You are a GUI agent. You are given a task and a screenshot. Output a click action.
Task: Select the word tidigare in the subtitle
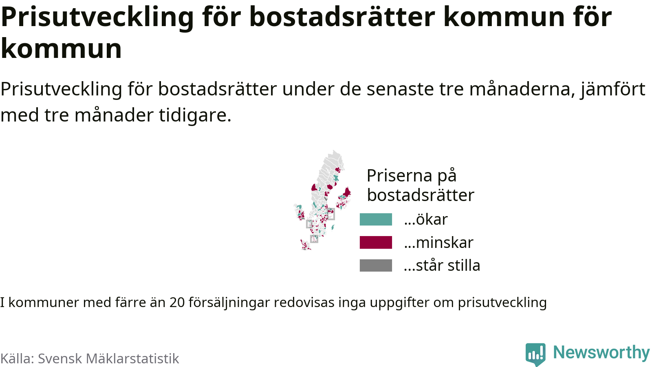(195, 115)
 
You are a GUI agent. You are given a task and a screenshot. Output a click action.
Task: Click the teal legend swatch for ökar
(376, 219)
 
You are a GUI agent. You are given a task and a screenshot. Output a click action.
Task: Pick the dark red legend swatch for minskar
(376, 242)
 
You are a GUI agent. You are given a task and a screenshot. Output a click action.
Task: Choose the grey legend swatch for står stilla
(376, 265)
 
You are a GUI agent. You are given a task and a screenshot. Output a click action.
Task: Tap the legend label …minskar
(438, 242)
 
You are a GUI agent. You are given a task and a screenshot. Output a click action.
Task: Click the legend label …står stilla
(442, 265)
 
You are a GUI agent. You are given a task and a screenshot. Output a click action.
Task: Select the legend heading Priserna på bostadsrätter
(420, 185)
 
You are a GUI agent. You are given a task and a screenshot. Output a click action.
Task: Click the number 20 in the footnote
(177, 302)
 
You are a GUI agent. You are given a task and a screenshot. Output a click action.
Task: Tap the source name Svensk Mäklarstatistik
(108, 358)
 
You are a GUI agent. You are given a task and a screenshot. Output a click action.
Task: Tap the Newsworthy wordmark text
(601, 352)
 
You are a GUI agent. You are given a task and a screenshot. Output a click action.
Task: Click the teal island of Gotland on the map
(333, 227)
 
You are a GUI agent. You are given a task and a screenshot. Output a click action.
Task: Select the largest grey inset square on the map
(330, 214)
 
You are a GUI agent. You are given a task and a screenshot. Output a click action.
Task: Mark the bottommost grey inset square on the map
(314, 239)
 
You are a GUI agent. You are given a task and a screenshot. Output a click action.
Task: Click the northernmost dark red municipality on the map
(338, 170)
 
